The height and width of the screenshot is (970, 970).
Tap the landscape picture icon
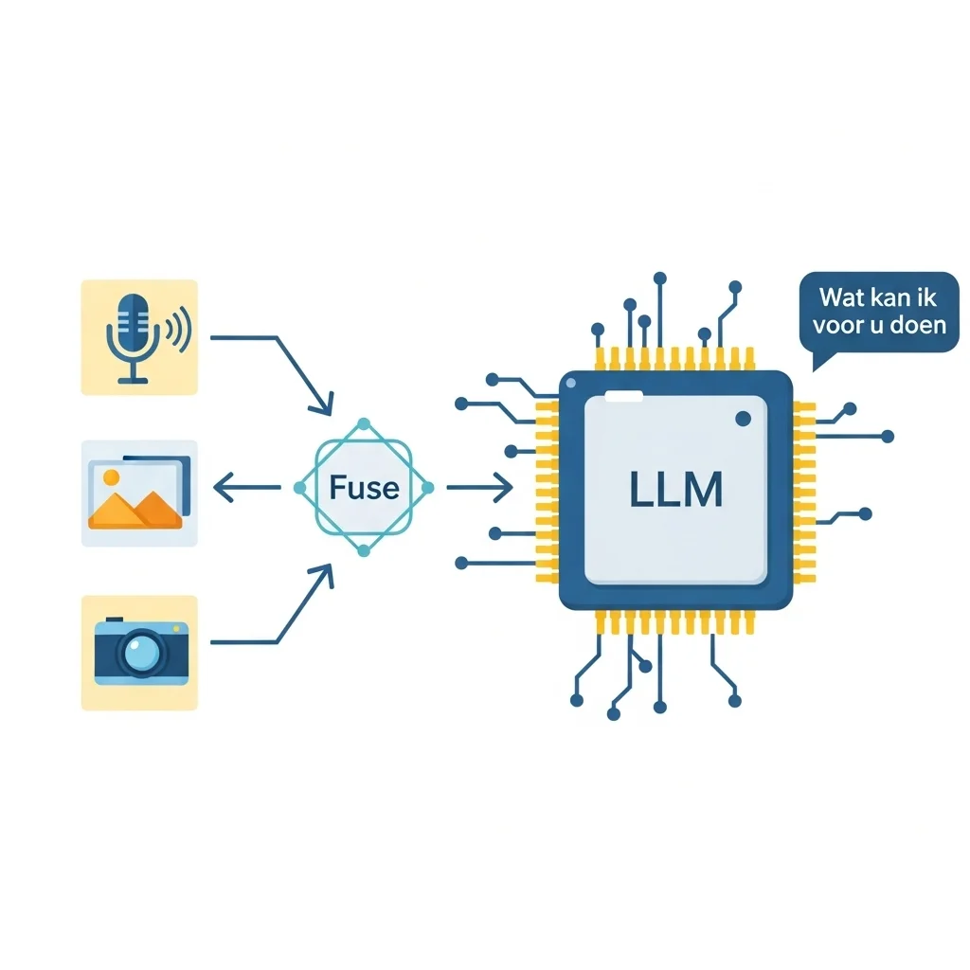pyautogui.click(x=139, y=492)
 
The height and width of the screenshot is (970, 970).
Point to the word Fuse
pyautogui.click(x=364, y=488)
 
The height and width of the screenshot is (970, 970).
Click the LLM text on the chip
pyautogui.click(x=675, y=488)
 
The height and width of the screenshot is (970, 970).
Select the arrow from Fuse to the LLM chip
pyautogui.click(x=479, y=488)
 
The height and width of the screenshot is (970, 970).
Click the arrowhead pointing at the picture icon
pyautogui.click(x=223, y=488)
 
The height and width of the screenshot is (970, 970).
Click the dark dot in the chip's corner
pyautogui.click(x=744, y=418)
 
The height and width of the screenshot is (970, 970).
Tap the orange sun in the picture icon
pyautogui.click(x=110, y=476)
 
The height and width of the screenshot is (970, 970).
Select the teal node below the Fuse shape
pyautogui.click(x=364, y=551)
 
